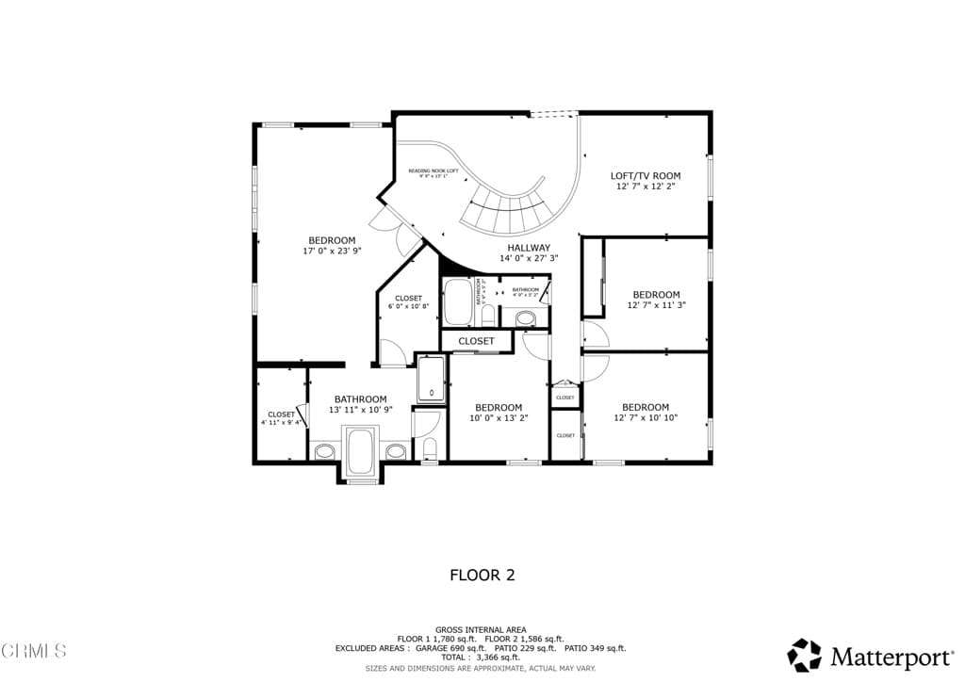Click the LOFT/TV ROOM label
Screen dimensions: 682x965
coord(646,176)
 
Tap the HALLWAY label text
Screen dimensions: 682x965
coord(529,247)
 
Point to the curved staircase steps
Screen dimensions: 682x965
coord(509,208)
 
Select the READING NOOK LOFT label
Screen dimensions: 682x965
coord(433,170)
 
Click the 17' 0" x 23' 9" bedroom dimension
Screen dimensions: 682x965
coord(332,252)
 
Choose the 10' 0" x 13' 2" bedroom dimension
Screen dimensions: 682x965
coord(499,418)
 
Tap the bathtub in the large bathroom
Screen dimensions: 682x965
coord(361,451)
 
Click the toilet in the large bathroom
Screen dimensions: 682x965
coord(429,448)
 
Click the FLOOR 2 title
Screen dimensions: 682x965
coord(482,575)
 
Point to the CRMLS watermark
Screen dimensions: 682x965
coord(34,650)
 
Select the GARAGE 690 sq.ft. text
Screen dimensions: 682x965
coord(450,648)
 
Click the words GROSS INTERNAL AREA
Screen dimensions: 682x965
coord(482,629)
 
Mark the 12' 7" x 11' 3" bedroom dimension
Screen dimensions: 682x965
coord(656,305)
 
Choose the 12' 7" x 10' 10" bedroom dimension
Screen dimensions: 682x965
coord(646,418)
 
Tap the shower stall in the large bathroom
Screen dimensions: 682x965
coord(431,379)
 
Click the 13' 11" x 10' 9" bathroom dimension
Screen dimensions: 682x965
coord(360,411)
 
